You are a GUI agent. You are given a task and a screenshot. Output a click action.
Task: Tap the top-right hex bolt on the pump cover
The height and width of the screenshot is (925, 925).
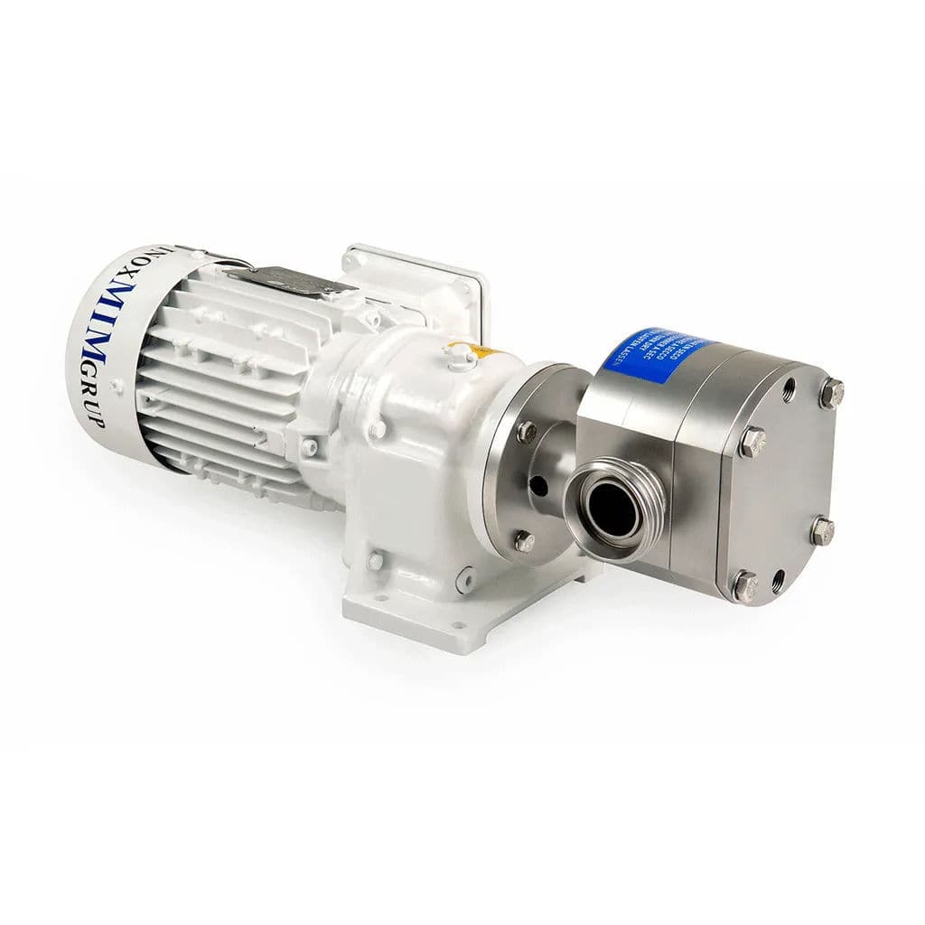coord(831,393)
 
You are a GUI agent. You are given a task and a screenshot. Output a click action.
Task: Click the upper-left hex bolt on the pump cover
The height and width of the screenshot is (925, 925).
coord(752,442)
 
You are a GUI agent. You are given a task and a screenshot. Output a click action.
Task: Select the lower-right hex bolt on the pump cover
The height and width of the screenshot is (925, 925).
coord(822,531)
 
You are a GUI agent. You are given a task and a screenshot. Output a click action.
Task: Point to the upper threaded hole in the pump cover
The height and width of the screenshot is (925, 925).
coord(789,391)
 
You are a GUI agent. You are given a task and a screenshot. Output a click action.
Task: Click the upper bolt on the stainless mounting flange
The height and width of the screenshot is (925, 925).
coord(525,431)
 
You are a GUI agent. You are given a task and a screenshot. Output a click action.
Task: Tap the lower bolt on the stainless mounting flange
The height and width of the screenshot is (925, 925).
coord(523,541)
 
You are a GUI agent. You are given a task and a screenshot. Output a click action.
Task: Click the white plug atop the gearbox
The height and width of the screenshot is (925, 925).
coord(462,358)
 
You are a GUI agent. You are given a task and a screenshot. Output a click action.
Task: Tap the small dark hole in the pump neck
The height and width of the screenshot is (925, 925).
coord(539,487)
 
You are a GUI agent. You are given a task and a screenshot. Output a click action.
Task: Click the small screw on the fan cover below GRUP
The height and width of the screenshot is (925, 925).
coord(116,386)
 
